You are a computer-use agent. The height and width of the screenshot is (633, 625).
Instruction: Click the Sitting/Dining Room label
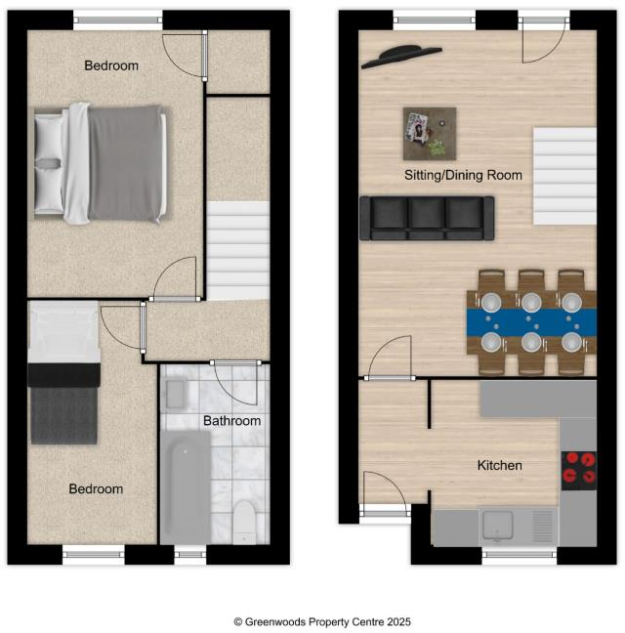[463, 176]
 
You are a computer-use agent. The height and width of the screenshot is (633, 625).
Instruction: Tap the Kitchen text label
[499, 465]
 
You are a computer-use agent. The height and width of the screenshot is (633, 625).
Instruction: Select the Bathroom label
[231, 421]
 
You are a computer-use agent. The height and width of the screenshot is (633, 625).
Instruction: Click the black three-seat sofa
[427, 218]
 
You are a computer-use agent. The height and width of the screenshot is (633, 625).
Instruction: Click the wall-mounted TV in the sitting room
[401, 57]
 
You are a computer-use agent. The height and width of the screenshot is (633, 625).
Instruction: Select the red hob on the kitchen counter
[578, 469]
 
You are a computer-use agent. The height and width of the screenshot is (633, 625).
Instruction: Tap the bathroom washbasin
[177, 394]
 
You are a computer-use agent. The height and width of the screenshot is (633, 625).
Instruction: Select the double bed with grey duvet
[99, 162]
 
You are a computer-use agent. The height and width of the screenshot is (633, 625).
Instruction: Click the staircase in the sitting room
[563, 176]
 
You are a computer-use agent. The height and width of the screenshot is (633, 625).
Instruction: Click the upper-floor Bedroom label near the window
[110, 65]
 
